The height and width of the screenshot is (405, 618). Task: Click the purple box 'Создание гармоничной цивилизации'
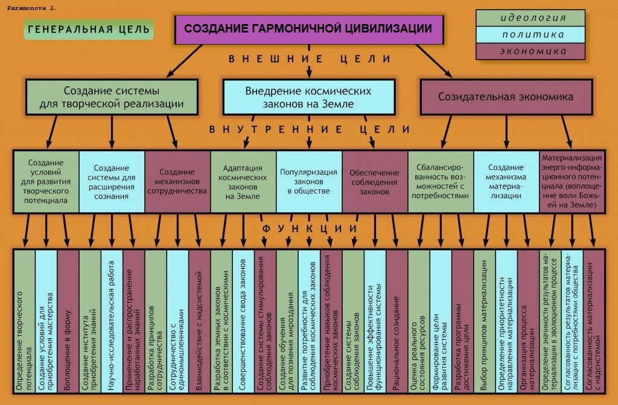[309, 29]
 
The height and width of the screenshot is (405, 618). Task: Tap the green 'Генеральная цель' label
[89, 30]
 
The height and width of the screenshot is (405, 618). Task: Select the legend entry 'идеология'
[530, 18]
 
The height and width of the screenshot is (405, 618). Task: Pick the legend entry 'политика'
[530, 34]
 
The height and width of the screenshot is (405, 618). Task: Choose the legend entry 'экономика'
[530, 51]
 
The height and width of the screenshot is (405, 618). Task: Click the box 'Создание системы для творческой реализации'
[112, 97]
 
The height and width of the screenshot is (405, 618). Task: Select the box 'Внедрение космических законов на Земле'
[309, 97]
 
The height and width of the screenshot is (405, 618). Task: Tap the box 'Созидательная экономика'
[506, 97]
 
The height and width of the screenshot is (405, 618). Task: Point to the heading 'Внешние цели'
[310, 59]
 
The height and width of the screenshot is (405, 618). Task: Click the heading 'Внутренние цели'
[310, 130]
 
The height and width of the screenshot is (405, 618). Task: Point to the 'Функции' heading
[310, 228]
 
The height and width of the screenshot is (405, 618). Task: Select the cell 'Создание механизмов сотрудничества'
[177, 181]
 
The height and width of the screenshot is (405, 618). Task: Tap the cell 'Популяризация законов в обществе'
[309, 181]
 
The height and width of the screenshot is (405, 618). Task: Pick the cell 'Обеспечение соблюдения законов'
[375, 181]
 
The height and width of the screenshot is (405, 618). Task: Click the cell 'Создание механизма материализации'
[506, 181]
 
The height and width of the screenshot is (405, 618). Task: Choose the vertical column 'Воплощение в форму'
[68, 321]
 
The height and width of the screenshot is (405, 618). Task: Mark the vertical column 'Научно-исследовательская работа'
[112, 321]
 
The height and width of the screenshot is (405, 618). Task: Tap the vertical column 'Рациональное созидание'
[397, 321]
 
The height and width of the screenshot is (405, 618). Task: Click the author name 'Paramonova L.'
[32, 8]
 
